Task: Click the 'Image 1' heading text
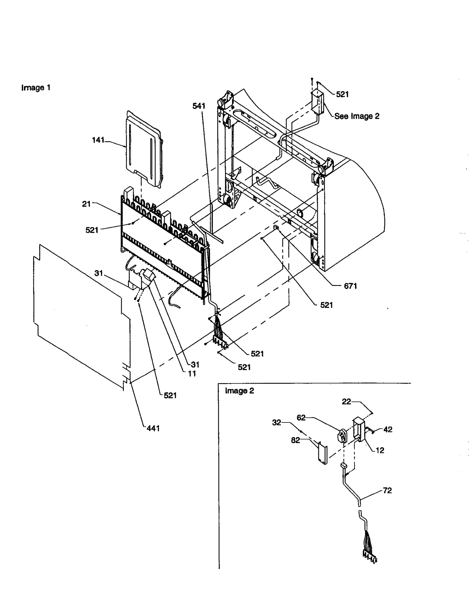point(36,88)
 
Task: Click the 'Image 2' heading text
point(239,391)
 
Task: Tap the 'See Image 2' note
point(357,116)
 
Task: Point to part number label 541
point(199,106)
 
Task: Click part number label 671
point(350,286)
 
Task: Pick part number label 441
point(153,428)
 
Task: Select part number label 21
point(86,204)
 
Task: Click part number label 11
point(192,374)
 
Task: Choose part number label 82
point(295,440)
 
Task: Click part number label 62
point(301,418)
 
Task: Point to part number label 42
point(388,430)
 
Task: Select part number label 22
point(346,401)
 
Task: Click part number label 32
point(276,423)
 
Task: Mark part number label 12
point(380,450)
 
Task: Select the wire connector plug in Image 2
point(370,558)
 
